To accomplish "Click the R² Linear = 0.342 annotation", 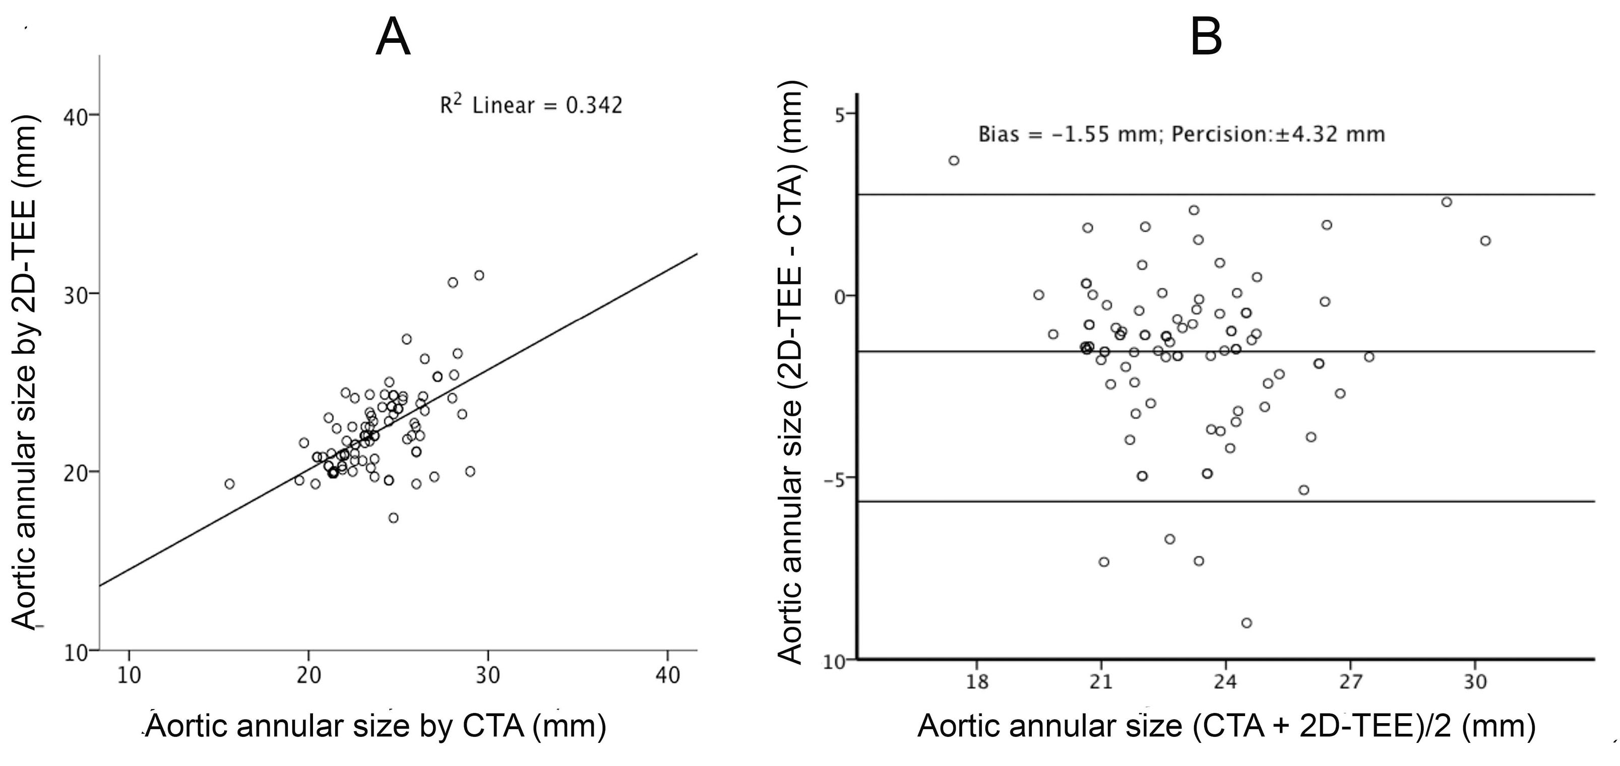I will pyautogui.click(x=531, y=105).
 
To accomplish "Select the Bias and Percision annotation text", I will pyautogui.click(x=1181, y=135).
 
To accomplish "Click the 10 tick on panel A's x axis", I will pyautogui.click(x=129, y=675).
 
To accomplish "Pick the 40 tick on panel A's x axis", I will pyautogui.click(x=667, y=675).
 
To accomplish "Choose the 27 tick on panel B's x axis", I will pyautogui.click(x=1350, y=682).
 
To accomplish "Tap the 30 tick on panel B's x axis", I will pyautogui.click(x=1475, y=682).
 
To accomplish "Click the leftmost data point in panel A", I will pyautogui.click(x=229, y=484).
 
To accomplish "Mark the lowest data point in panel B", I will pyautogui.click(x=1247, y=622).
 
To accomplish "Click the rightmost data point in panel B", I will pyautogui.click(x=1485, y=241).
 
